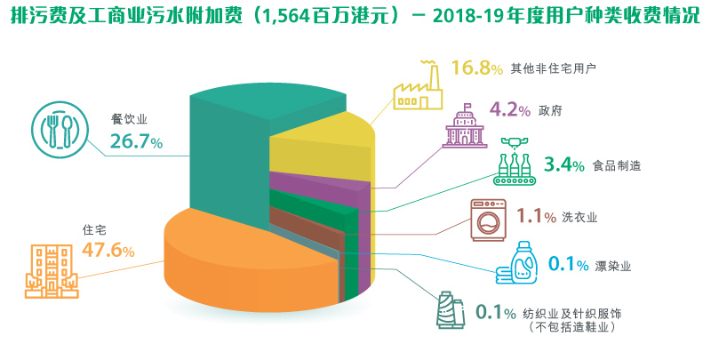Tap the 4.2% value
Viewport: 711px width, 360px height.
pos(509,110)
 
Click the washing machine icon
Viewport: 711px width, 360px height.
pos(488,218)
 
